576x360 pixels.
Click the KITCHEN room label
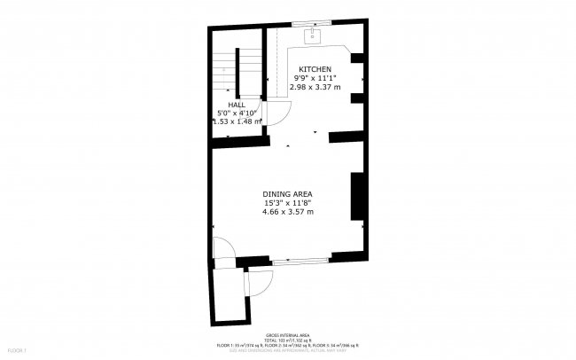pyautogui.click(x=315, y=69)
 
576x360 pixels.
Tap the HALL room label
pyautogui.click(x=237, y=104)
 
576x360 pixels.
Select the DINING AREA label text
pyautogui.click(x=287, y=193)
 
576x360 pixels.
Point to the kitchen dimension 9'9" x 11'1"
pyautogui.click(x=315, y=78)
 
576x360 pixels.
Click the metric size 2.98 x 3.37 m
pyautogui.click(x=315, y=87)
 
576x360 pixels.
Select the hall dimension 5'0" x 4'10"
pyautogui.click(x=237, y=113)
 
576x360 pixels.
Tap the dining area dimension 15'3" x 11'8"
pyautogui.click(x=287, y=202)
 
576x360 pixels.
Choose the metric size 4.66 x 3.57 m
pyautogui.click(x=287, y=212)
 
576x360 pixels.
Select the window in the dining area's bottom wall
pyautogui.click(x=301, y=261)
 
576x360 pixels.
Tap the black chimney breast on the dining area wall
pyautogui.click(x=358, y=197)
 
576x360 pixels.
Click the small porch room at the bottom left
pyautogui.click(x=227, y=293)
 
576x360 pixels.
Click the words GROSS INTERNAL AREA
pyautogui.click(x=287, y=335)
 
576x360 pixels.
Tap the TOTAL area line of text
pyautogui.click(x=287, y=340)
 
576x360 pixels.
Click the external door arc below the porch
pyautogui.click(x=259, y=282)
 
